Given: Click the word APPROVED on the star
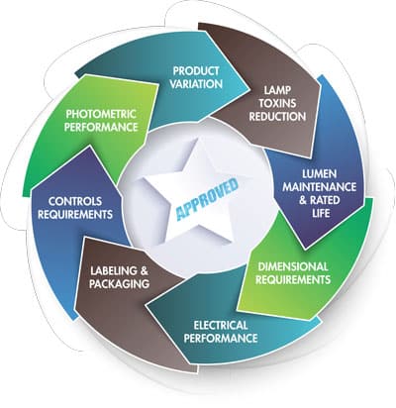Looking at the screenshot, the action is click(207, 199).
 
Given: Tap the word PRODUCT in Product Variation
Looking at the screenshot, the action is click(196, 70).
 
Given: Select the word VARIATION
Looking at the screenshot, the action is click(196, 84).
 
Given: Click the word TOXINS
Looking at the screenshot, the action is click(277, 103).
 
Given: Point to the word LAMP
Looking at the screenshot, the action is click(277, 90).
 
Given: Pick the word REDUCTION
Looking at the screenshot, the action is click(277, 116).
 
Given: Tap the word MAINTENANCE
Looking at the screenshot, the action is click(320, 187).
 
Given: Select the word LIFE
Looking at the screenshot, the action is click(321, 213).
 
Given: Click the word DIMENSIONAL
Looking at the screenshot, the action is click(293, 266).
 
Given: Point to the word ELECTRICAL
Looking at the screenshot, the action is click(221, 325).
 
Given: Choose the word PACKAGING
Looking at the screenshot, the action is click(119, 284).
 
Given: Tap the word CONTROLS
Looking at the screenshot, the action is click(75, 201).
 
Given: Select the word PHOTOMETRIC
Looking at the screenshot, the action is click(101, 114).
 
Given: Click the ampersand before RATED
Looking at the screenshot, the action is click(303, 200).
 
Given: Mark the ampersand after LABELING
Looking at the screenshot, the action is click(144, 271).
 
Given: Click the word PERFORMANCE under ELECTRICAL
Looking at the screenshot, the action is click(221, 338).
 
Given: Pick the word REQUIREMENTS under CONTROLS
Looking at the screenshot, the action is click(75, 215).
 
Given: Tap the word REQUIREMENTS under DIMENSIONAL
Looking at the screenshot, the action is click(293, 279).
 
